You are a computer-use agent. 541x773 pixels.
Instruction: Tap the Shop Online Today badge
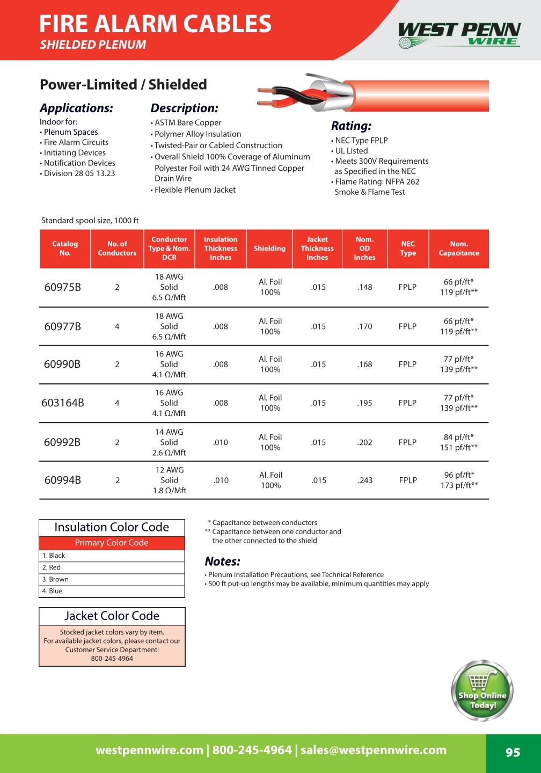pyautogui.click(x=482, y=691)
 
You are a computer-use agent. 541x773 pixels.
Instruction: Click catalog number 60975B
pyautogui.click(x=62, y=287)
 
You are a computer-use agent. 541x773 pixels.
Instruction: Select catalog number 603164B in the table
pyautogui.click(x=63, y=403)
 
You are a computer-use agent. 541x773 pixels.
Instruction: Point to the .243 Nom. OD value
pyautogui.click(x=365, y=480)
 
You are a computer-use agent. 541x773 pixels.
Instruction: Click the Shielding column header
pyautogui.click(x=269, y=249)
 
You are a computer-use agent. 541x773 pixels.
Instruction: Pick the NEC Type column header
pyautogui.click(x=408, y=249)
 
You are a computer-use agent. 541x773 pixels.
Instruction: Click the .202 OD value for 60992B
pyautogui.click(x=365, y=442)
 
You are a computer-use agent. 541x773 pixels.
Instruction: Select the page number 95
pyautogui.click(x=513, y=753)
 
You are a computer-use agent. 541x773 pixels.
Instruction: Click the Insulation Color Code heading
pyautogui.click(x=112, y=527)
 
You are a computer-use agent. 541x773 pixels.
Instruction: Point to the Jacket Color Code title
pyautogui.click(x=112, y=616)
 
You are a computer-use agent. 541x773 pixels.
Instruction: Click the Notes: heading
pyautogui.click(x=222, y=561)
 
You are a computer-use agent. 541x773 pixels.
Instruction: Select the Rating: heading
pyautogui.click(x=351, y=126)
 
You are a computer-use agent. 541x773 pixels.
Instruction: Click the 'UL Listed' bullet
pyautogui.click(x=351, y=151)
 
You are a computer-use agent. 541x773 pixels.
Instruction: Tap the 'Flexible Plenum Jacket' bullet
pyautogui.click(x=195, y=190)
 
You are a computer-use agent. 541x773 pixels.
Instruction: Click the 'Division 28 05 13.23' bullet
pyautogui.click(x=79, y=173)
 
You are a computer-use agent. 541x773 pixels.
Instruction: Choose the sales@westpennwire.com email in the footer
pyautogui.click(x=374, y=750)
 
